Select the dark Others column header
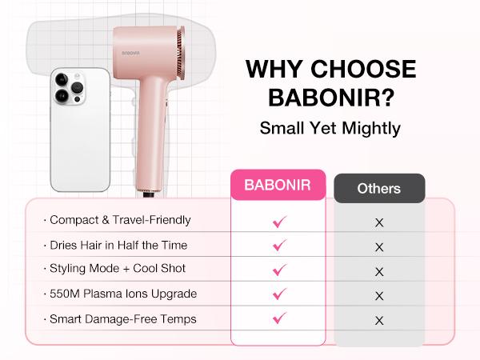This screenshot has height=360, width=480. coord(378,190)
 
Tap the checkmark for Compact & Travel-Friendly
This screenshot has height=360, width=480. coord(279,222)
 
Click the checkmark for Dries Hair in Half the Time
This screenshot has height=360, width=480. coord(279,246)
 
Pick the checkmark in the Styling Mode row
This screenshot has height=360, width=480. coord(279,270)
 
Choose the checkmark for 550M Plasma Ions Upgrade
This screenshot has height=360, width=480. coord(279,294)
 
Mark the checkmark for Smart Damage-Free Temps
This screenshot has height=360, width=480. coord(279,318)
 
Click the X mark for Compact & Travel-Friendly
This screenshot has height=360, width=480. coord(379,222)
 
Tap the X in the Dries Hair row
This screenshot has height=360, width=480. coord(379,247)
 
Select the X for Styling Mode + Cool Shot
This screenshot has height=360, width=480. coord(379,271)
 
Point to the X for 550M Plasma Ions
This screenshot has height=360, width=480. coord(379,295)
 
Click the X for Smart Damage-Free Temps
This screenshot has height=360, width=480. coord(379,320)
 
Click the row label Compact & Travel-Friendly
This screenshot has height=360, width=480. coord(119,220)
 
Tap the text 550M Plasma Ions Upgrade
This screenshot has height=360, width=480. coord(122,294)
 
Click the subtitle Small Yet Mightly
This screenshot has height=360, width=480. coord(330,127)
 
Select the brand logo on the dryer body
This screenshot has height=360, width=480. coord(134,52)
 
